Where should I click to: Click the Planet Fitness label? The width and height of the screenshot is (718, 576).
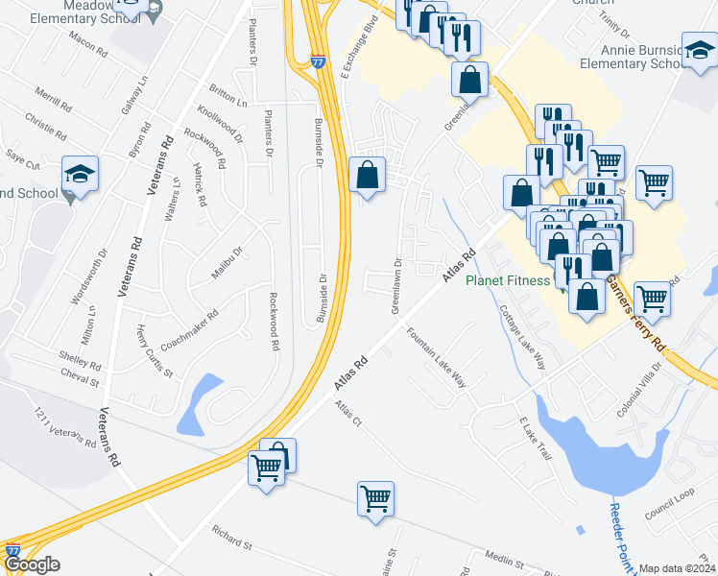click(508, 281)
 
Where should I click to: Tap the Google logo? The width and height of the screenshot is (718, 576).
click(31, 564)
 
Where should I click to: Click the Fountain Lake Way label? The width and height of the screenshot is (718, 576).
click(436, 358)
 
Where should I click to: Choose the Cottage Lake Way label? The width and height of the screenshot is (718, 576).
click(522, 338)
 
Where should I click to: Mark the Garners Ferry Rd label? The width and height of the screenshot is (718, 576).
click(634, 311)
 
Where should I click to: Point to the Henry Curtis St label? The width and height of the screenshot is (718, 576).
click(154, 350)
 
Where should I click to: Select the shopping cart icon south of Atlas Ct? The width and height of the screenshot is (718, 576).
click(375, 499)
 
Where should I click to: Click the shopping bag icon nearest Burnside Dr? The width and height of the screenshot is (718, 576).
click(368, 175)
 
